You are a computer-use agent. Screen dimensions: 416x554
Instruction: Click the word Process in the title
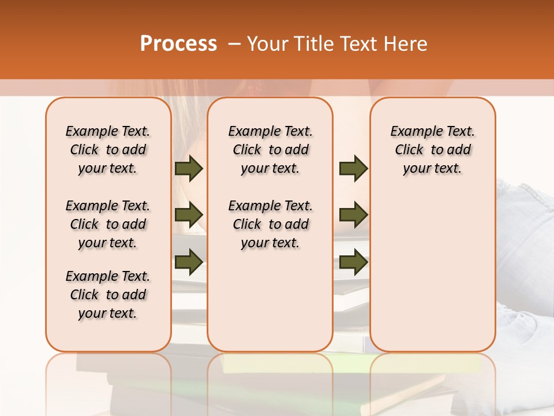178,44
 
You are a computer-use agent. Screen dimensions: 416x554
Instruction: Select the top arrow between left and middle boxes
189,168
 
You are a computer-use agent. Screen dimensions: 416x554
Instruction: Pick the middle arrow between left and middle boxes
189,214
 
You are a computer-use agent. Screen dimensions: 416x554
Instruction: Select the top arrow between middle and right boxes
353,168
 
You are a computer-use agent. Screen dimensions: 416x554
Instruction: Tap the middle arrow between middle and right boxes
353,214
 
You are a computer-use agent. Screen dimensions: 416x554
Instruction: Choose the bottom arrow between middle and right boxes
353,262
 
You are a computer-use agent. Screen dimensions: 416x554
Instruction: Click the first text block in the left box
107,150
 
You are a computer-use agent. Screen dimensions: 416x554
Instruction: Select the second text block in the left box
107,224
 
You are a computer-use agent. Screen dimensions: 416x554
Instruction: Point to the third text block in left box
107,295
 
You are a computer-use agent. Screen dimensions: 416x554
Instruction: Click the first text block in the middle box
270,150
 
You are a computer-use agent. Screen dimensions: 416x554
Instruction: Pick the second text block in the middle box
270,224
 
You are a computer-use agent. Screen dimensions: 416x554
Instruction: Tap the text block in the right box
432,150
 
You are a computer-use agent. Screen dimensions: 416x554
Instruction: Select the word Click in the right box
409,150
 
